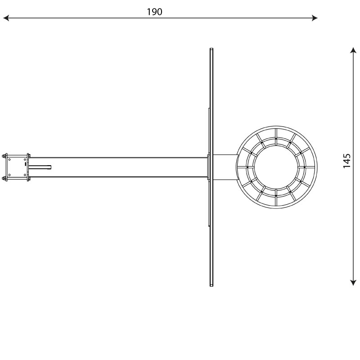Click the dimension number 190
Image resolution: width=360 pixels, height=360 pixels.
coord(154,12)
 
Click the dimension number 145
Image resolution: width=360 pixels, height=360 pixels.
coord(346,161)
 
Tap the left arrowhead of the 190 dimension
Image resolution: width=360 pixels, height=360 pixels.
coord(6,18)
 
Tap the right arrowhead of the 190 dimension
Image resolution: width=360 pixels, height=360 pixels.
coord(315,18)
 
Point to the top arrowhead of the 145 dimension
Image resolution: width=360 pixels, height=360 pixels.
coord(353,50)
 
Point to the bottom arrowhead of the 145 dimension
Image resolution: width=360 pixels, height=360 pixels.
coord(353,283)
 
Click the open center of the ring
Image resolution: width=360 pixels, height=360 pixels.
coord(276,167)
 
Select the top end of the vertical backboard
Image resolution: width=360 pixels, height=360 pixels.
coord(211,49)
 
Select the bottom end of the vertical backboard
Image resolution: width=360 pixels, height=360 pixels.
coord(211,285)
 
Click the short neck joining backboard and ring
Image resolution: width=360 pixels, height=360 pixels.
coord(225,167)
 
